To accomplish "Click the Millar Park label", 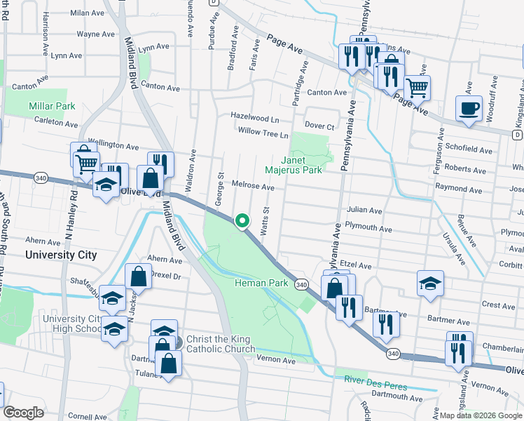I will pos(51,106).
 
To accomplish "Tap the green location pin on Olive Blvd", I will pos(242,221).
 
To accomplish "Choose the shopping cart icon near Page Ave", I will pos(417,88).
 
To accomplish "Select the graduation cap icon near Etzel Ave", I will pos(430,283).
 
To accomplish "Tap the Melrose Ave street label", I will pos(254,187).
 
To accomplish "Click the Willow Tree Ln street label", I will pos(263,133).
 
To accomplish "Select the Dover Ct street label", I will pos(319,126).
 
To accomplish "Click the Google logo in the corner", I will pos(23,413).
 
